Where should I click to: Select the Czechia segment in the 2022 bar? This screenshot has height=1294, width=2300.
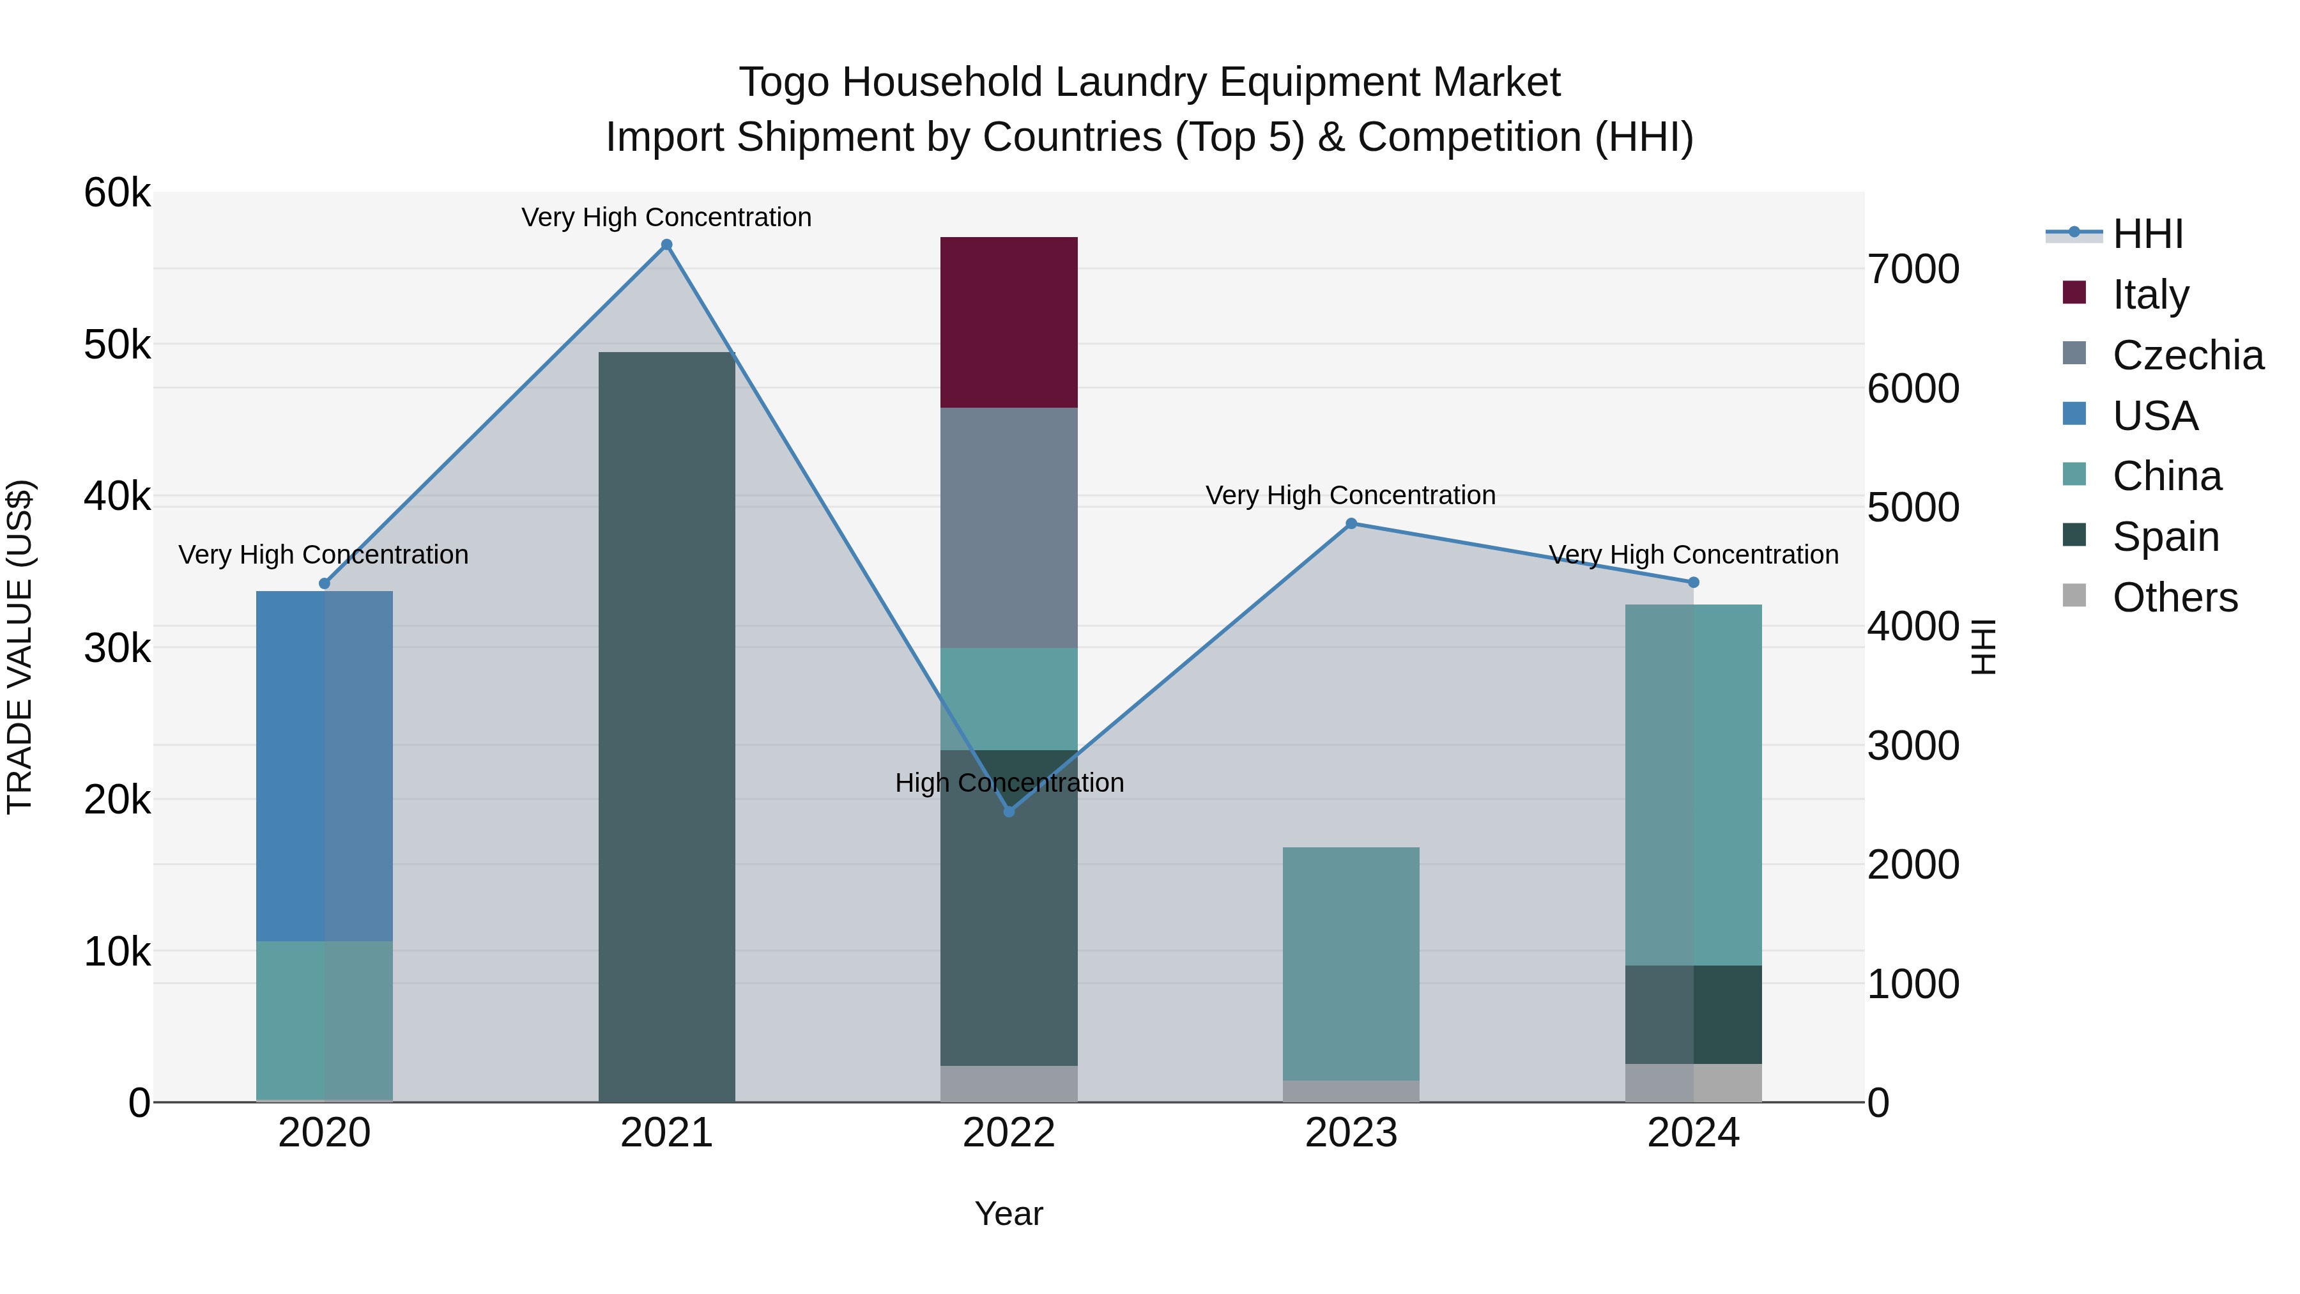[1009, 528]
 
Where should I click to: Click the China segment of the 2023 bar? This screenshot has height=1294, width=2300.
[1351, 964]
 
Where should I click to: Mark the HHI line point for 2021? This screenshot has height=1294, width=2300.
[666, 245]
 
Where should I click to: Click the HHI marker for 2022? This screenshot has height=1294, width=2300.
[1009, 812]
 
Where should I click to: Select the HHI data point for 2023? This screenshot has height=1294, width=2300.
[1351, 524]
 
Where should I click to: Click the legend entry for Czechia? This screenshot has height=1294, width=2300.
[2187, 355]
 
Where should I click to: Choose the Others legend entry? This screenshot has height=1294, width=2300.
[2174, 597]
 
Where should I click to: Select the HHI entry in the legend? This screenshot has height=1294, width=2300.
[2147, 234]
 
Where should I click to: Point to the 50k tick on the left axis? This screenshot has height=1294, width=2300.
[117, 344]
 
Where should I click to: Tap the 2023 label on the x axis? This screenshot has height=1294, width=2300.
[1351, 1133]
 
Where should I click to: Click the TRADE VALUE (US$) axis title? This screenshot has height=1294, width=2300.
[20, 647]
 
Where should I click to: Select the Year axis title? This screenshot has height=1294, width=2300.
[1009, 1213]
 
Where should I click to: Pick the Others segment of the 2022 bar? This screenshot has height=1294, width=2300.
[1009, 1083]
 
